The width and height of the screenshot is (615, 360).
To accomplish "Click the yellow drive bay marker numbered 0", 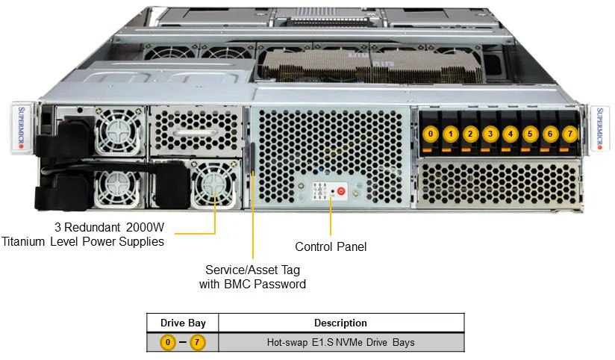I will [x=430, y=134].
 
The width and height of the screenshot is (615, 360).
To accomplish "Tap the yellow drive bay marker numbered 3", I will [x=490, y=134].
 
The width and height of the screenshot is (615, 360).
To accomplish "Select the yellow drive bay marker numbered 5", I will [x=530, y=134].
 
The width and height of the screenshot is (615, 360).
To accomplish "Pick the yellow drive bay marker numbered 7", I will [x=570, y=134].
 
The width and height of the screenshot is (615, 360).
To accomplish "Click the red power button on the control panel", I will [x=341, y=191].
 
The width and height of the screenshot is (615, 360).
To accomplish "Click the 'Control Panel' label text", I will [x=331, y=246].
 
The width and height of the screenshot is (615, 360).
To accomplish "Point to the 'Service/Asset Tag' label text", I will [x=252, y=270].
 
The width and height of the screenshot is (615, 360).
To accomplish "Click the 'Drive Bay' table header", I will [x=181, y=323].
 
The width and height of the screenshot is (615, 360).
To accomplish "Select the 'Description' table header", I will [x=340, y=323].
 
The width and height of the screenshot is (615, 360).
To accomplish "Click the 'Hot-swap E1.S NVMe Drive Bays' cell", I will [x=340, y=343].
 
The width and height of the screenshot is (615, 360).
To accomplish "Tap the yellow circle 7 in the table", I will [x=198, y=343].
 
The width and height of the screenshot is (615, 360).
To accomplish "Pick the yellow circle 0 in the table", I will [x=168, y=343].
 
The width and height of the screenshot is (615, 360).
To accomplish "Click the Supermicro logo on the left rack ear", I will [x=21, y=125].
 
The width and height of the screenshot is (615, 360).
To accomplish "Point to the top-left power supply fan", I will [x=117, y=127].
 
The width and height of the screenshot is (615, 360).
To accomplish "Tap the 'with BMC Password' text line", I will [x=252, y=284].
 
